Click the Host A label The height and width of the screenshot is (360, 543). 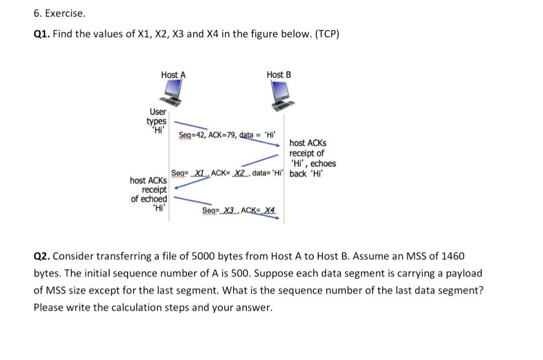pyautogui.click(x=173, y=75)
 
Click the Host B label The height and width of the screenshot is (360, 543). pyautogui.click(x=279, y=75)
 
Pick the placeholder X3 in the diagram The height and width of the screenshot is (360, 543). pyautogui.click(x=230, y=210)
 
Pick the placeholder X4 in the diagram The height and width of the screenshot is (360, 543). pyautogui.click(x=270, y=210)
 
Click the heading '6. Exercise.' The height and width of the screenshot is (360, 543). pyautogui.click(x=59, y=14)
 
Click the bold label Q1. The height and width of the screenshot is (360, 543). pyautogui.click(x=42, y=34)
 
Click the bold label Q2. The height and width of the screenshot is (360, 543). pyautogui.click(x=42, y=256)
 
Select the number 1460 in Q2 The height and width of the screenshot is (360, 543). pyautogui.click(x=451, y=256)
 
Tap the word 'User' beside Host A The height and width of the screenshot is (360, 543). pyautogui.click(x=158, y=112)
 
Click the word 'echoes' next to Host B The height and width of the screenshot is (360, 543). pyautogui.click(x=323, y=163)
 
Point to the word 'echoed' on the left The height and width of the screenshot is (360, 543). pyautogui.click(x=154, y=199)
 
